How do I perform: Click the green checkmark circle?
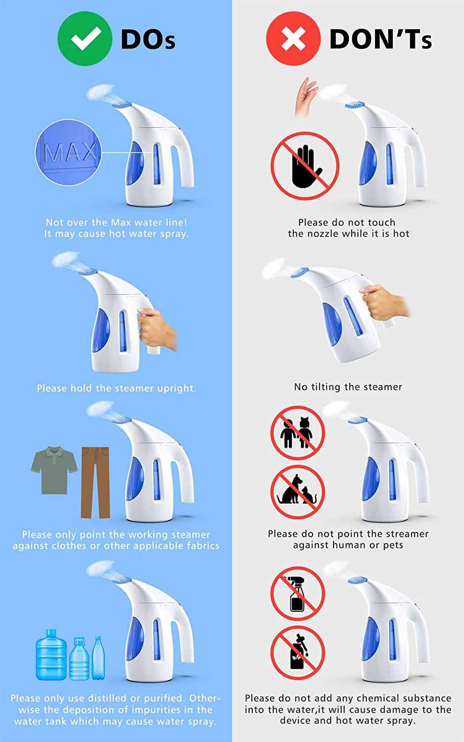coord(85,39)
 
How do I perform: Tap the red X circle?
coord(293,39)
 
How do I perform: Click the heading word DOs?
coord(148,39)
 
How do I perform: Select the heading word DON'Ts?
coord(380,39)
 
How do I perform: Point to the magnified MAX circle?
coord(68,152)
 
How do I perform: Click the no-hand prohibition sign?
coord(305,166)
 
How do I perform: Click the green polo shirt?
coord(54,470)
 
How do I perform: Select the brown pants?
coord(95,482)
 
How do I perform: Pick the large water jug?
coord(51,654)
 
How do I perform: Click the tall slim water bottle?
coord(98,658)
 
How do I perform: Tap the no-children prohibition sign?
coord(297,433)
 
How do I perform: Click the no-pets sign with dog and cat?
coord(297,492)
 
